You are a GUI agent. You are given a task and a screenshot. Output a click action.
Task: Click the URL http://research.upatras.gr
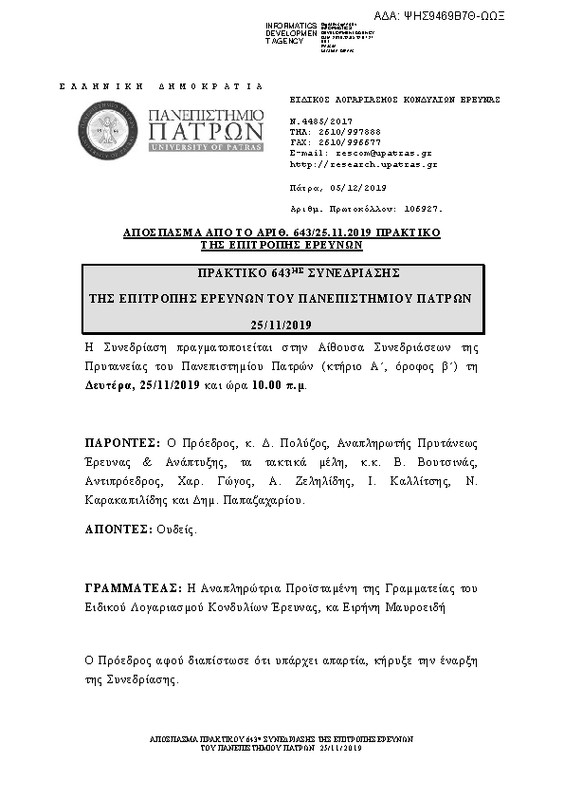(x=363, y=163)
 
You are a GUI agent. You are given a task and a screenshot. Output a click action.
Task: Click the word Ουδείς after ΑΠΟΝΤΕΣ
(x=173, y=530)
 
